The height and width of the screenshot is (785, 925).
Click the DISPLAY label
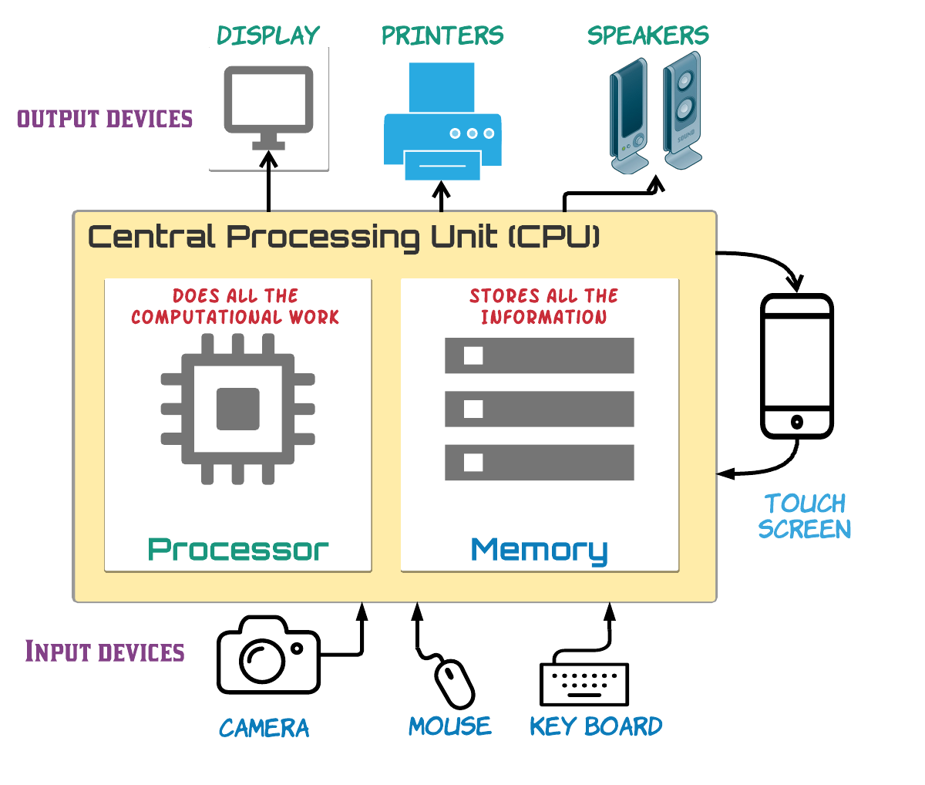tap(268, 35)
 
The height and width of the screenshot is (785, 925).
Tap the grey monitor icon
tap(268, 101)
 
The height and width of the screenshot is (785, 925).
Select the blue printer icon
tap(442, 123)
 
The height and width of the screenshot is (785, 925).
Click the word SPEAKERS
tap(647, 35)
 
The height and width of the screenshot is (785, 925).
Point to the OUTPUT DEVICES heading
tap(105, 119)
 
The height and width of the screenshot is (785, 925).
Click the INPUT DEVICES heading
tap(105, 652)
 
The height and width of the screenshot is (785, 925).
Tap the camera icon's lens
tap(262, 657)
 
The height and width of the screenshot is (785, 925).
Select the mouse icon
tap(455, 682)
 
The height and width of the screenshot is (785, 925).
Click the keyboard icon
tap(584, 684)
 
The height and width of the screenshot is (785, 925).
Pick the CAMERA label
tap(264, 728)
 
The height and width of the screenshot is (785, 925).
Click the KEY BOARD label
tap(596, 726)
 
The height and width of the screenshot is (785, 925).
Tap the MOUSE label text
tap(450, 726)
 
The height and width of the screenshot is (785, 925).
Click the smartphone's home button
tap(797, 422)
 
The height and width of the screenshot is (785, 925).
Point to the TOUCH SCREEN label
tap(805, 517)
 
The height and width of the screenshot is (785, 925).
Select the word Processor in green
tap(238, 550)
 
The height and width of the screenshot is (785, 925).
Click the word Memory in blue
tap(539, 551)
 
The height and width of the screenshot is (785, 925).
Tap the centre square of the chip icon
tap(237, 409)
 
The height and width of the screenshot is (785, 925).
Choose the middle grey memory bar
tap(540, 409)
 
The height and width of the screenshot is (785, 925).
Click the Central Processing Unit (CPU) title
tap(344, 237)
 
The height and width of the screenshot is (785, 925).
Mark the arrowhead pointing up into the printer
tap(441, 187)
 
